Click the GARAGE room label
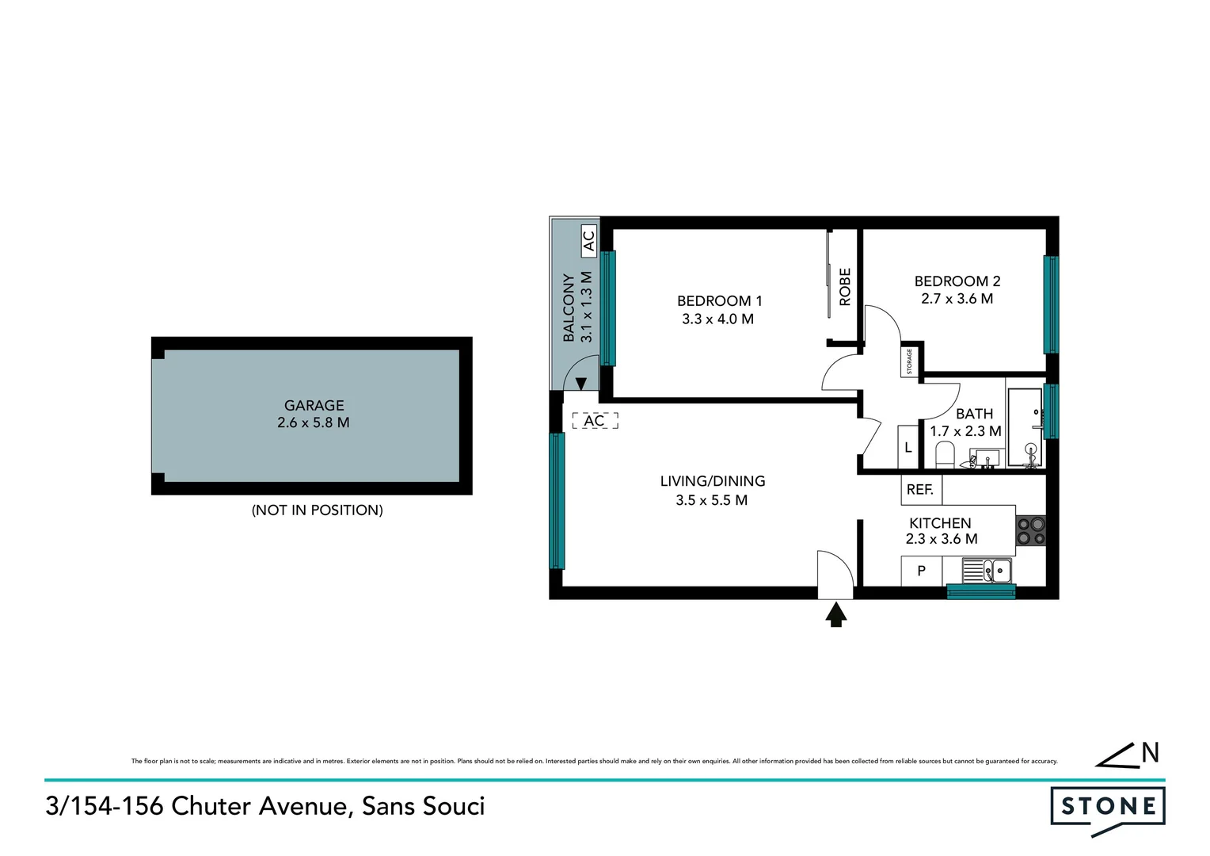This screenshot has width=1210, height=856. tap(314, 405)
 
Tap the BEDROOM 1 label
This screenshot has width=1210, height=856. tap(719, 301)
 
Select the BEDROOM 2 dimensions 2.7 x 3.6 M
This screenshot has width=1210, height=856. tap(957, 299)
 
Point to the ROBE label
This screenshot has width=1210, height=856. tap(845, 287)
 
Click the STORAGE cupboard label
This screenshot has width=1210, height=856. tap(910, 361)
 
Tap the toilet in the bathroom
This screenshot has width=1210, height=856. tap(945, 455)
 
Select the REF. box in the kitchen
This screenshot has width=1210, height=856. tap(920, 490)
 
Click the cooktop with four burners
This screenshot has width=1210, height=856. tap(1031, 531)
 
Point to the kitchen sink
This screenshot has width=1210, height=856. tap(987, 570)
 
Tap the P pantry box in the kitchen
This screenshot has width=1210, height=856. tap(921, 571)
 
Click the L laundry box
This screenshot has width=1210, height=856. tap(907, 448)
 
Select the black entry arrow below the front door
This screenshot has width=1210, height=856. tap(836, 614)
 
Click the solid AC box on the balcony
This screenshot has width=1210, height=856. tap(588, 239)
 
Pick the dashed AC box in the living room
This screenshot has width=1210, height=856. tap(595, 421)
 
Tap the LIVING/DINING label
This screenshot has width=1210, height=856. tap(712, 481)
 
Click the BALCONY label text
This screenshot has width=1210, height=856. tap(569, 308)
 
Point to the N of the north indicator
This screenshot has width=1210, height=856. tap(1150, 753)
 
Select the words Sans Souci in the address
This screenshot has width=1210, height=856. tap(423, 806)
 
